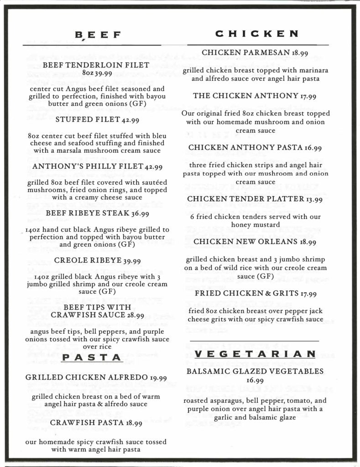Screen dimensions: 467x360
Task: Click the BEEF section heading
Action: tap(98, 35)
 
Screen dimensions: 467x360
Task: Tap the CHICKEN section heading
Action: tap(257, 33)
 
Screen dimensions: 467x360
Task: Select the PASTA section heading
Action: tap(91, 358)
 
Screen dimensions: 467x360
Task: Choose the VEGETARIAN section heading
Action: tap(255, 354)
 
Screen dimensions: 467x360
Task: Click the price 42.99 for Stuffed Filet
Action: tap(130, 120)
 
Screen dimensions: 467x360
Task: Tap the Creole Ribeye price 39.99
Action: tap(130, 261)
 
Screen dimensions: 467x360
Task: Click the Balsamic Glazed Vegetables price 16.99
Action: tap(255, 380)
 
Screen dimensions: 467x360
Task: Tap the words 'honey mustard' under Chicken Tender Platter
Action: tap(255, 225)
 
